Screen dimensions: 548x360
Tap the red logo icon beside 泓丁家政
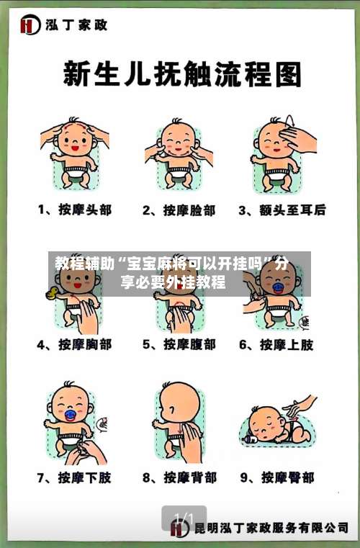[30, 26]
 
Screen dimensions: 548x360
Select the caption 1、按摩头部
[75, 211]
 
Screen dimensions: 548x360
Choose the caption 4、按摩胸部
[75, 345]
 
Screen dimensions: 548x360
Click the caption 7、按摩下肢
[75, 477]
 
